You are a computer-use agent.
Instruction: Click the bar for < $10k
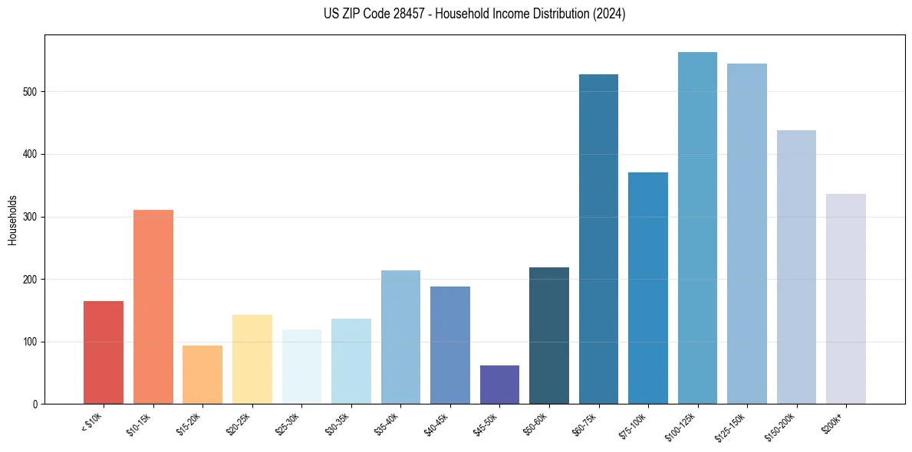pyautogui.click(x=104, y=352)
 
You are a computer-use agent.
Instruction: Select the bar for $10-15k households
pyautogui.click(x=153, y=306)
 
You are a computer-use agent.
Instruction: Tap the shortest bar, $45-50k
pyautogui.click(x=499, y=385)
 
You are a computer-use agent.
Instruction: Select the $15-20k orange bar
pyautogui.click(x=202, y=375)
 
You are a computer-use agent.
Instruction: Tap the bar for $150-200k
pyautogui.click(x=796, y=267)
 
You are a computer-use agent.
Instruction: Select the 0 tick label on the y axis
pyautogui.click(x=36, y=405)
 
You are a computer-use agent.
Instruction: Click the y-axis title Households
pyautogui.click(x=12, y=220)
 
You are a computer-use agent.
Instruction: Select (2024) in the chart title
pyautogui.click(x=609, y=14)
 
